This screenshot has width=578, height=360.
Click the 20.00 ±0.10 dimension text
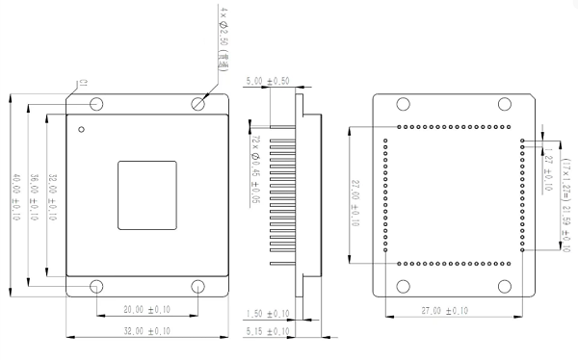[144, 310]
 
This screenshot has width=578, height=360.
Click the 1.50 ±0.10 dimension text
[268, 314]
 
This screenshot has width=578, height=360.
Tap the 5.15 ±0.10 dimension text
[268, 333]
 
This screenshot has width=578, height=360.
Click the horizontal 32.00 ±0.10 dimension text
[144, 331]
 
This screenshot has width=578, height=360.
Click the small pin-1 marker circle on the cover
[83, 129]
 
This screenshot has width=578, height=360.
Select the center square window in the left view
[147, 195]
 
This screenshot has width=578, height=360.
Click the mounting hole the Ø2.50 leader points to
[198, 103]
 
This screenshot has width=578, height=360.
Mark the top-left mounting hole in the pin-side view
[403, 103]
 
